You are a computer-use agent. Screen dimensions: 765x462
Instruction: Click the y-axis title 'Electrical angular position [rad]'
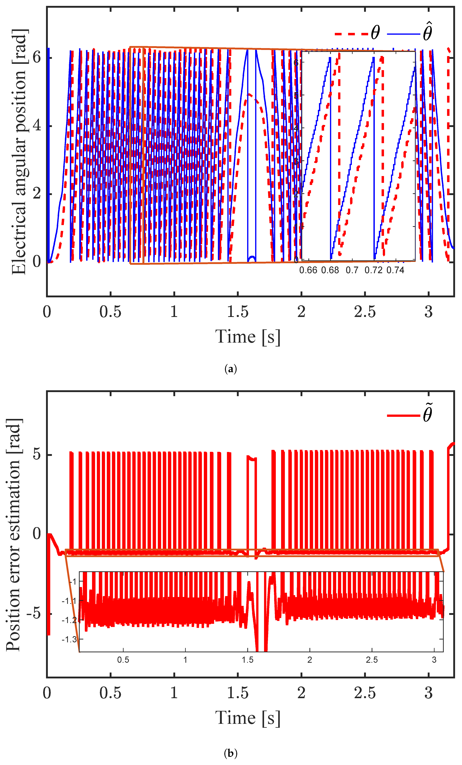pyautogui.click(x=19, y=152)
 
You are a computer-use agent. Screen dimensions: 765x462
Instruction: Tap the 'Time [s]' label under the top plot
pyautogui.click(x=247, y=337)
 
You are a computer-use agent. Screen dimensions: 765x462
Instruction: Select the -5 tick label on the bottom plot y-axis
pyautogui.click(x=33, y=614)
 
